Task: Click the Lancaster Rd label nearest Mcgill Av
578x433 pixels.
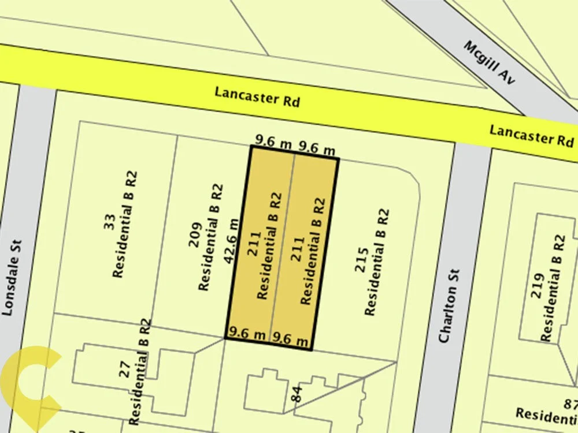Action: (532, 136)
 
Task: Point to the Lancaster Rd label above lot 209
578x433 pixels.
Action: (257, 96)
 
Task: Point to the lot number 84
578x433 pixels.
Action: (297, 394)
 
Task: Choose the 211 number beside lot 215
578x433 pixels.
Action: (297, 247)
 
